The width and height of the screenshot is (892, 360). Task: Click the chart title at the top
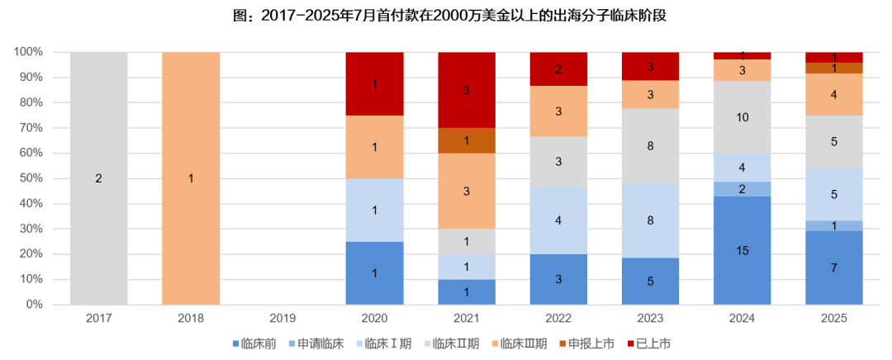[446, 16]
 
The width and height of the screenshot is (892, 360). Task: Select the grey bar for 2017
[99, 178]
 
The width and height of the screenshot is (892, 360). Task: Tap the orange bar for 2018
[191, 178]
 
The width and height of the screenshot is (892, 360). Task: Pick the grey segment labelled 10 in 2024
[742, 117]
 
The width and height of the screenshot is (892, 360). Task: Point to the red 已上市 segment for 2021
[467, 89]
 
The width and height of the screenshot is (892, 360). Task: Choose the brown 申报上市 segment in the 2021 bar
[467, 140]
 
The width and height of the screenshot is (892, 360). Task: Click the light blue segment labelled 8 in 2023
[650, 220]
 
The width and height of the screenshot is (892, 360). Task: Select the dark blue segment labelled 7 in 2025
[834, 268]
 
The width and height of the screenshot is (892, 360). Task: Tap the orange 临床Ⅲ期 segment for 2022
[558, 111]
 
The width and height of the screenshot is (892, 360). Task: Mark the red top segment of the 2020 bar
[375, 83]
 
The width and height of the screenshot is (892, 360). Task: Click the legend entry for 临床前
[259, 343]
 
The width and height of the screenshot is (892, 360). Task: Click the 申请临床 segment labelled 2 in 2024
[742, 189]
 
